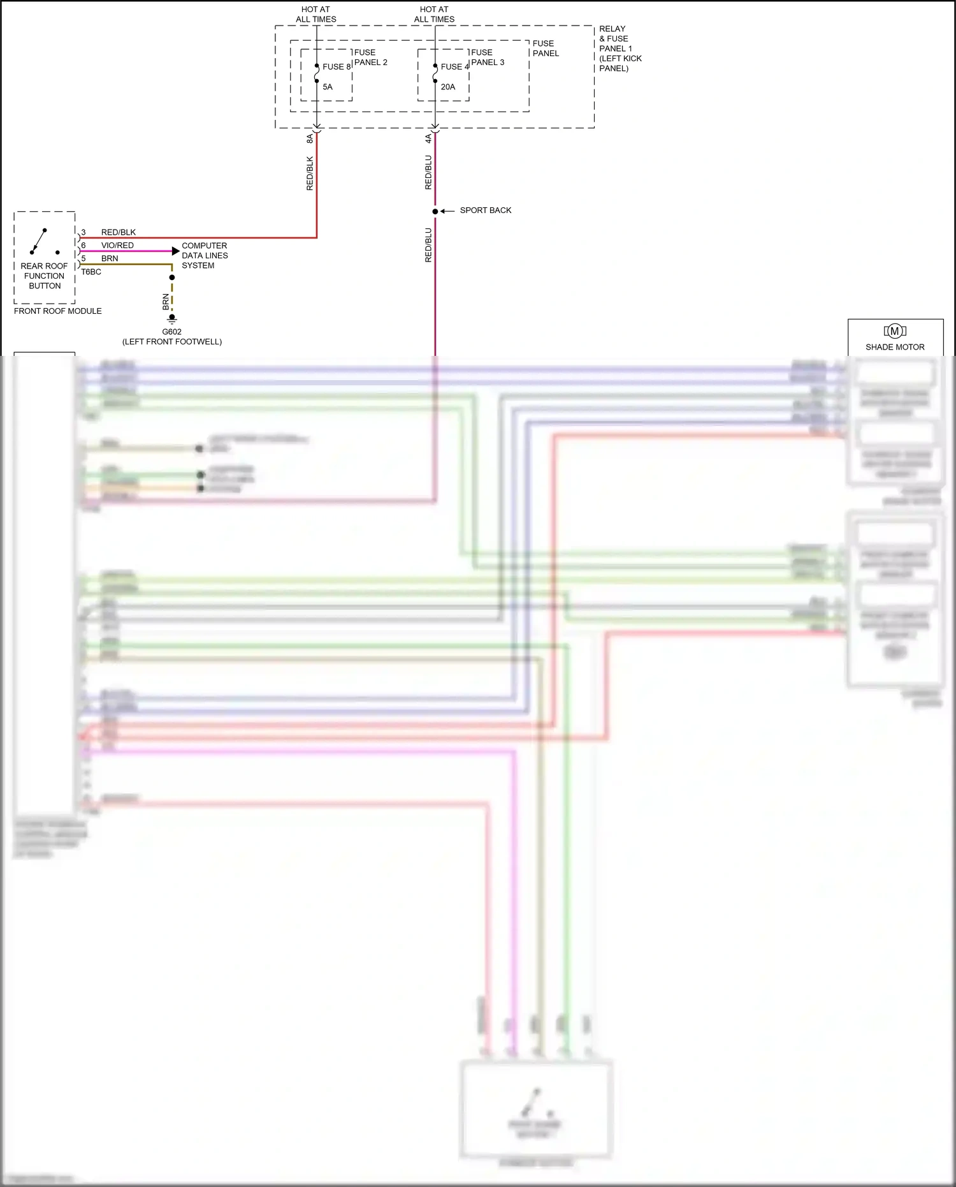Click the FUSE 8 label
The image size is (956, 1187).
pyautogui.click(x=337, y=67)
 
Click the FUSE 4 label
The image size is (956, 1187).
pyautogui.click(x=454, y=67)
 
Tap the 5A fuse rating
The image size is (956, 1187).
pyautogui.click(x=328, y=87)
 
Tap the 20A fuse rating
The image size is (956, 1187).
pyautogui.click(x=448, y=87)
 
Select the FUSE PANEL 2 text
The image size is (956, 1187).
pyautogui.click(x=370, y=57)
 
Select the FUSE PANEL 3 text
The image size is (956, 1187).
pyautogui.click(x=488, y=57)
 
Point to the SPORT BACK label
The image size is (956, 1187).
pyautogui.click(x=486, y=210)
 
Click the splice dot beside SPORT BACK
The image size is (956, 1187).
pyautogui.click(x=435, y=211)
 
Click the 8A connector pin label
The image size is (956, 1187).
pyautogui.click(x=310, y=138)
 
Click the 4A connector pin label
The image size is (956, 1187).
pyautogui.click(x=428, y=138)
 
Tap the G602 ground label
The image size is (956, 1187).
pyautogui.click(x=172, y=332)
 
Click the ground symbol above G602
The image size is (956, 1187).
pyautogui.click(x=172, y=319)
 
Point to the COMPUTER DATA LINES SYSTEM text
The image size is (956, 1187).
pyautogui.click(x=205, y=255)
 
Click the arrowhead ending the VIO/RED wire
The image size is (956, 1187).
pyautogui.click(x=176, y=251)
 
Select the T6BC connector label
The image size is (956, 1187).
pyautogui.click(x=91, y=272)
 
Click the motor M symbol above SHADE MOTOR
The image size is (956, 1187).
pyautogui.click(x=895, y=331)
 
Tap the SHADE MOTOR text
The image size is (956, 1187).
pyautogui.click(x=895, y=347)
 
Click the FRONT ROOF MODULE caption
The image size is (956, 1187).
pyautogui.click(x=58, y=311)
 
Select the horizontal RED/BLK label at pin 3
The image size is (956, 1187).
pyautogui.click(x=119, y=232)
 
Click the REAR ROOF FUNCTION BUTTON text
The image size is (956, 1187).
pyautogui.click(x=45, y=276)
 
